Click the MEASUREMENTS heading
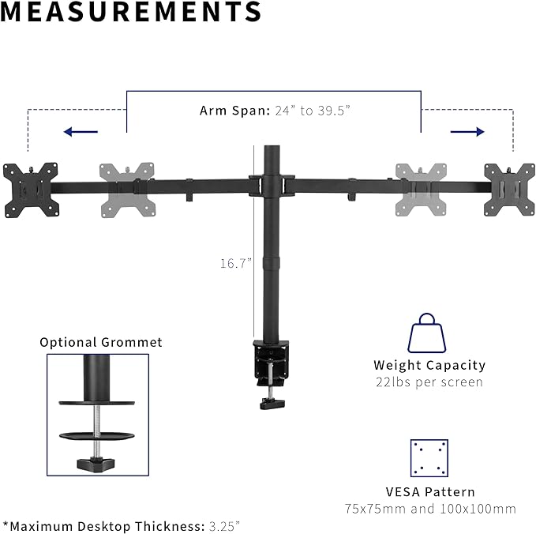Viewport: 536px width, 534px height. (131, 12)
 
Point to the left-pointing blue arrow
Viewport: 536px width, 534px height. (81, 132)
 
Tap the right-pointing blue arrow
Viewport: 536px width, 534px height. (467, 132)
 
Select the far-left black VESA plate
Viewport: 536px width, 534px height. (31, 190)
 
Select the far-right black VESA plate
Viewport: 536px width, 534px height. (509, 190)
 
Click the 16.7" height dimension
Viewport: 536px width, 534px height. (234, 264)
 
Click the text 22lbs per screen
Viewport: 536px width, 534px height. (429, 382)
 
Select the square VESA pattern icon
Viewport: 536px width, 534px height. (429, 458)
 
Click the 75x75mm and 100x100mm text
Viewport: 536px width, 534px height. (430, 509)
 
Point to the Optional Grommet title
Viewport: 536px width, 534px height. (101, 342)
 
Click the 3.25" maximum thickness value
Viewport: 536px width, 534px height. (224, 525)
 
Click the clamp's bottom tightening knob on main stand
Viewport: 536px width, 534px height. (273, 404)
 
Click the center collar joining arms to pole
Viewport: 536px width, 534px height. (271, 185)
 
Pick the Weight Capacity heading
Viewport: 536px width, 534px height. (429, 365)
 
